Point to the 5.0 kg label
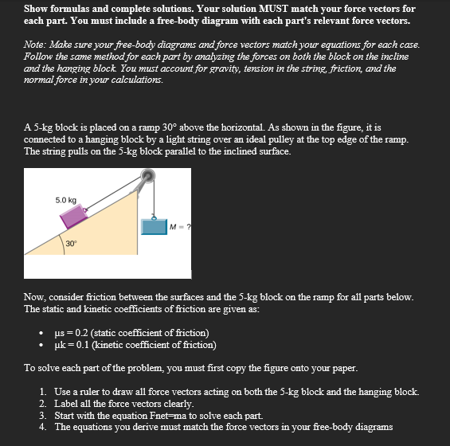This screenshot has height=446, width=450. tap(66, 199)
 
